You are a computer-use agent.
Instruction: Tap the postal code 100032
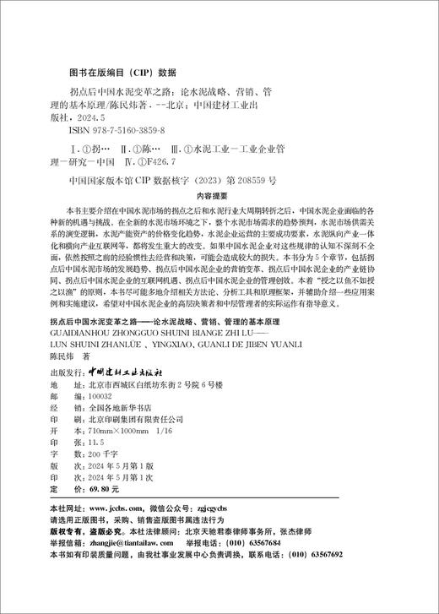(100, 371)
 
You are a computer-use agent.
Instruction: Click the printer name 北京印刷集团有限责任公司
(136, 395)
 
